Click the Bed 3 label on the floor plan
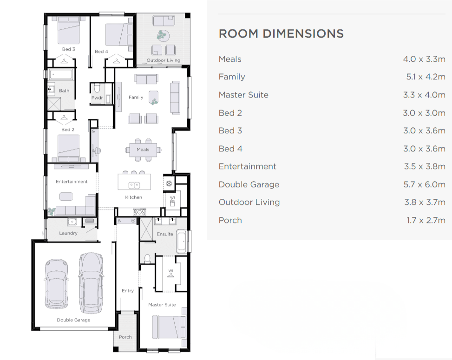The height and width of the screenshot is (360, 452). tap(69, 49)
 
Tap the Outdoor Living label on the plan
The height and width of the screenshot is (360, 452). tap(164, 60)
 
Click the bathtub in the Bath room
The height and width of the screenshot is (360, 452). tap(61, 75)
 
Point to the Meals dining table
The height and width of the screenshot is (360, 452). tap(143, 150)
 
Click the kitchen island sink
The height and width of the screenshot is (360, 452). tap(134, 185)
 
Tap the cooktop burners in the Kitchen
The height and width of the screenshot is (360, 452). tap(139, 212)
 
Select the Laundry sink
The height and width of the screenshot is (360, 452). tap(72, 222)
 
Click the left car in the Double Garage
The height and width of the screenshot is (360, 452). tap(57, 284)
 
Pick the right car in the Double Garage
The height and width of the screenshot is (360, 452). tap(91, 283)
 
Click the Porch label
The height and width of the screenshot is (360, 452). tap(125, 337)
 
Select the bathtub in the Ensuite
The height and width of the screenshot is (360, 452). tap(181, 241)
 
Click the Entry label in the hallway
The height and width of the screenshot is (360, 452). tap(128, 290)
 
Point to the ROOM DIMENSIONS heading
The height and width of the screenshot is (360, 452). tap(282, 34)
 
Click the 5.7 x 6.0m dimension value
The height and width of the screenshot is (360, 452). tap(424, 184)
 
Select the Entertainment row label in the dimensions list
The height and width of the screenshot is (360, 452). tap(247, 166)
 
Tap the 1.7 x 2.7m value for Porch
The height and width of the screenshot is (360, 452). tap(426, 220)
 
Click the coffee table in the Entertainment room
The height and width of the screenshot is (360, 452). tap(66, 196)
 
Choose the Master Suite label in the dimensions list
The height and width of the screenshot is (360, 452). tap(243, 95)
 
